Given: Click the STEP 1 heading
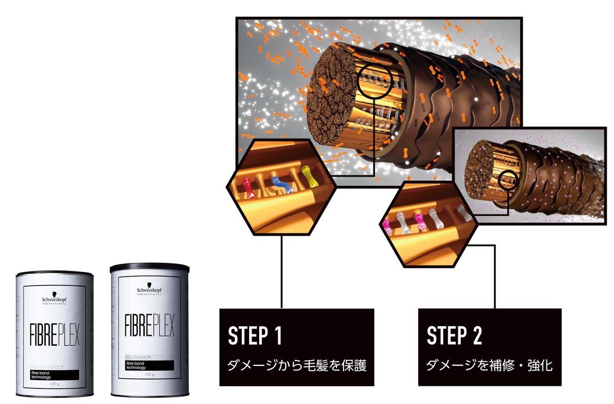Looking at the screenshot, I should [x=255, y=336].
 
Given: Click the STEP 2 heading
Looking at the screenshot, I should [x=454, y=336].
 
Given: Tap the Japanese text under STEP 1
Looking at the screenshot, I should [x=297, y=366].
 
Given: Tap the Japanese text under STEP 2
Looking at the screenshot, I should [x=489, y=366].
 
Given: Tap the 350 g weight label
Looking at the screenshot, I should [x=149, y=374].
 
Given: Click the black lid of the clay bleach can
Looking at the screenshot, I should [x=150, y=267].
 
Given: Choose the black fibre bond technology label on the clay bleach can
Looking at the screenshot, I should [x=149, y=365].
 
